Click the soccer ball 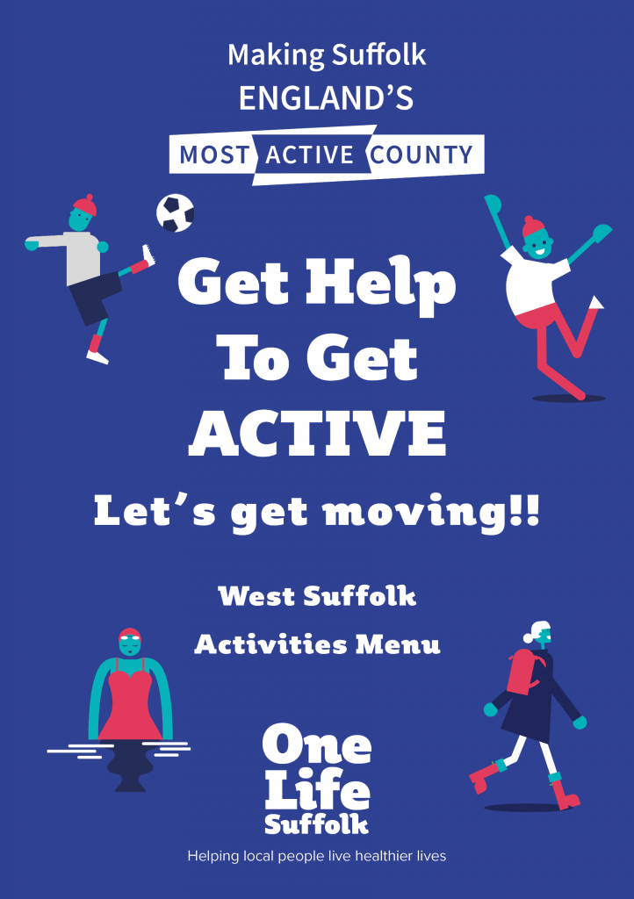tap(176, 212)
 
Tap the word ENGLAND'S tap(326, 98)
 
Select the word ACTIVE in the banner tap(310, 155)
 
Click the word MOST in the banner tap(214, 155)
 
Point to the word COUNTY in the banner tap(421, 155)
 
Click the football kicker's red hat tap(85, 205)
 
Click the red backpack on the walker tap(522, 672)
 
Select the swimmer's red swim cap tap(130, 635)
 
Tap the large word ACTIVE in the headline tap(318, 433)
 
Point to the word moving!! tap(432, 512)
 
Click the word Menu tap(398, 644)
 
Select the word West tap(256, 596)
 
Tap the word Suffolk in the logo tap(316, 823)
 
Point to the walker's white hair tap(536, 630)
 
